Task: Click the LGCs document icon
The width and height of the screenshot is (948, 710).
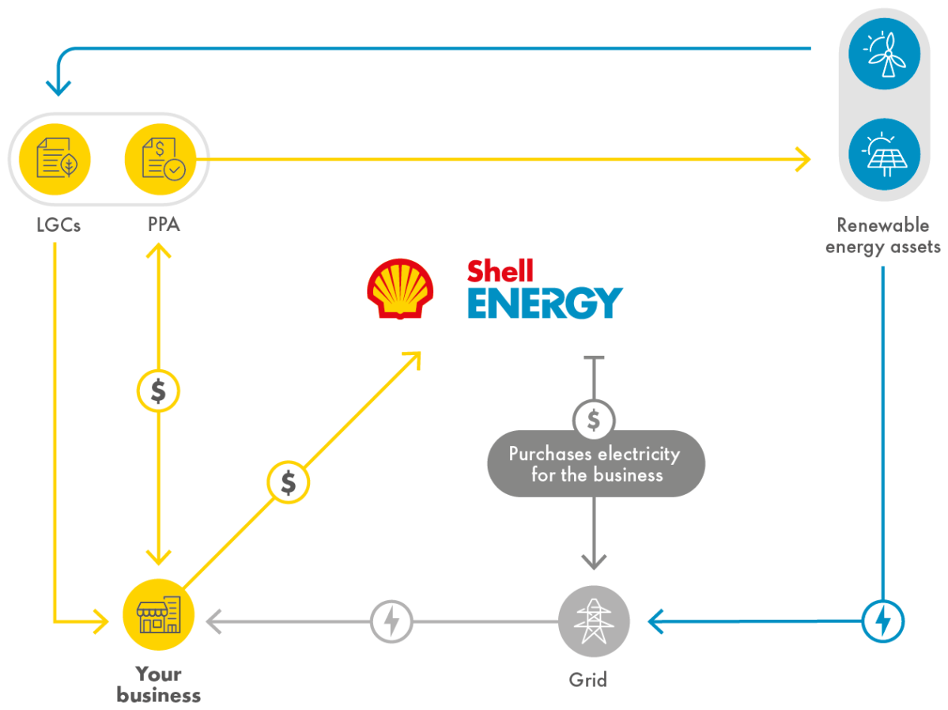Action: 54,159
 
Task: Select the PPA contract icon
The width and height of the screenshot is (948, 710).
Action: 161,159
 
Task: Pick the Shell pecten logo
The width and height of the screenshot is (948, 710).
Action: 400,289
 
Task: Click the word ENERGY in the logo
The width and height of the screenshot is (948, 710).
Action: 545,303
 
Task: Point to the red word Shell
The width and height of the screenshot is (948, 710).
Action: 500,271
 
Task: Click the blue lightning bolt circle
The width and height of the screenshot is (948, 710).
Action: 882,621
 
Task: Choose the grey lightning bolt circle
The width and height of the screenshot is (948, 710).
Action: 392,621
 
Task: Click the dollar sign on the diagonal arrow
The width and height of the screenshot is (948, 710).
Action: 289,482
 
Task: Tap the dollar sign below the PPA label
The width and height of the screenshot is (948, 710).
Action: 159,391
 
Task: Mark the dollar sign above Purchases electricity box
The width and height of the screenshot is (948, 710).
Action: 594,420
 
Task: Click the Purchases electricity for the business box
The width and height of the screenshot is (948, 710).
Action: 595,464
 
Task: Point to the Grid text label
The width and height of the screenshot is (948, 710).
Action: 588,680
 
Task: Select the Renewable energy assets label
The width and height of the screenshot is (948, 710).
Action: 883,236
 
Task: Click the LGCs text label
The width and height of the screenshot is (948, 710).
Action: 59,225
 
